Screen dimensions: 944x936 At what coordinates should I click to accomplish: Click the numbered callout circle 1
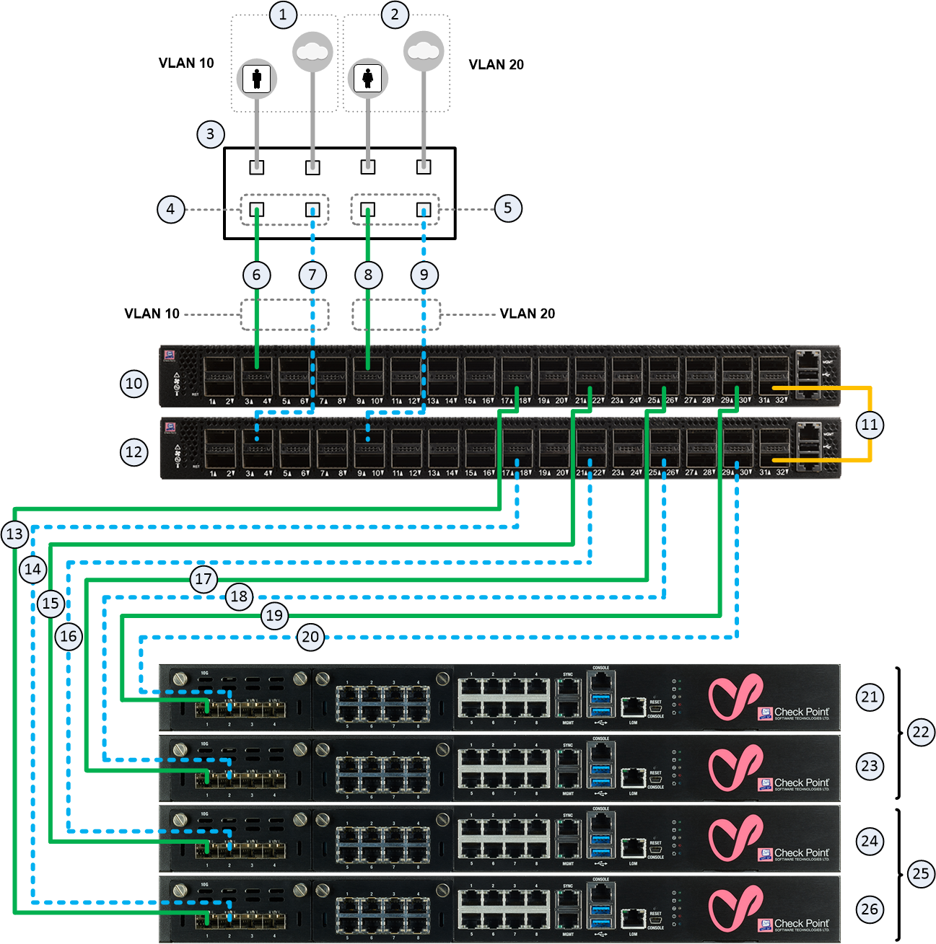pyautogui.click(x=283, y=14)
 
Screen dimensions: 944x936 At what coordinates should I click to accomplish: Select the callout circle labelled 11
pyautogui.click(x=870, y=425)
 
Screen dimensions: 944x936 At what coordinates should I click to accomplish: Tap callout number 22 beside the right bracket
pyautogui.click(x=921, y=732)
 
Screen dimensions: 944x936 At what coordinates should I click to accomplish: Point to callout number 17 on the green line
pyautogui.click(x=204, y=579)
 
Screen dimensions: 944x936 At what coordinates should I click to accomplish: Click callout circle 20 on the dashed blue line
pyautogui.click(x=310, y=637)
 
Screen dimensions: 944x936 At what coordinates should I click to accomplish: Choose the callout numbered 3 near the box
pyautogui.click(x=210, y=133)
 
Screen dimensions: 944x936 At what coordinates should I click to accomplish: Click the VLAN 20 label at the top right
pyautogui.click(x=496, y=65)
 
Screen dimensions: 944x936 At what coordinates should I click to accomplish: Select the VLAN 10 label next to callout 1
pyautogui.click(x=186, y=63)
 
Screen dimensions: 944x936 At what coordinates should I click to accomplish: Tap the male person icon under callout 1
pyautogui.click(x=257, y=78)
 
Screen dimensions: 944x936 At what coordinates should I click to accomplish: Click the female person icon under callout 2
pyautogui.click(x=368, y=78)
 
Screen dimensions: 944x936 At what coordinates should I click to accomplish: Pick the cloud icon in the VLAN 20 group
pyautogui.click(x=423, y=51)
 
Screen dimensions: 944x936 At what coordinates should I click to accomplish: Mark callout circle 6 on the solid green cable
pyautogui.click(x=256, y=275)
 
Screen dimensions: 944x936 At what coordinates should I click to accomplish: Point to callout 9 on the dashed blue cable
pyautogui.click(x=424, y=275)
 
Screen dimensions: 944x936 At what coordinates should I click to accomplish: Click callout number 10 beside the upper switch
pyautogui.click(x=134, y=384)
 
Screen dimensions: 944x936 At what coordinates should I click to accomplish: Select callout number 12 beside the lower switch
pyautogui.click(x=134, y=452)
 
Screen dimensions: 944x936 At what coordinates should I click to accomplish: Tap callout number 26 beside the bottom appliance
pyautogui.click(x=870, y=909)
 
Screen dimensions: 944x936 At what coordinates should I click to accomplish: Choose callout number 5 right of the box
pyautogui.click(x=508, y=208)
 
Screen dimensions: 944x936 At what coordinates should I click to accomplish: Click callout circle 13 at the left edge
pyautogui.click(x=15, y=534)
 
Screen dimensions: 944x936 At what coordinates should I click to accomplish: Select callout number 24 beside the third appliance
pyautogui.click(x=870, y=841)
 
